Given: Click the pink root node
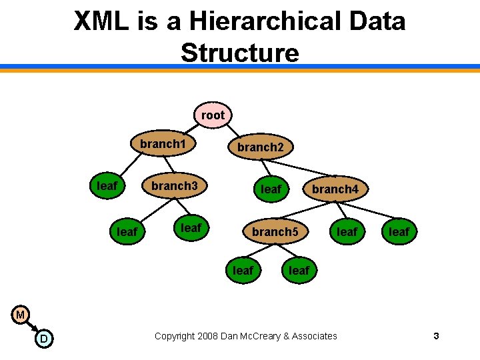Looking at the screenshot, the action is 213,115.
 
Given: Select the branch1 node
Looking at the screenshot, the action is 163,143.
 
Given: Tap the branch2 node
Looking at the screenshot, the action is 261,147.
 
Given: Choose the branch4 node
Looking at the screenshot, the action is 335,189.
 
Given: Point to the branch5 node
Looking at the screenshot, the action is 275,232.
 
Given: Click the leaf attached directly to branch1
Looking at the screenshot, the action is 107,186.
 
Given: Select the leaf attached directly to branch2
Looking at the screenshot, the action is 271,189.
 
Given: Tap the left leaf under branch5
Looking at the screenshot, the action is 243,270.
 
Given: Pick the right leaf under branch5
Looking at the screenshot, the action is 298,270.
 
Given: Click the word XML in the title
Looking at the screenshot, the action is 101,22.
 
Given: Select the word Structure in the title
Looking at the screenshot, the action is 240,52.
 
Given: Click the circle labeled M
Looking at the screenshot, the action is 21,314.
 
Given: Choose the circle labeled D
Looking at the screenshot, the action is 43,339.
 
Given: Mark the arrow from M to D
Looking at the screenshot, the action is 32,327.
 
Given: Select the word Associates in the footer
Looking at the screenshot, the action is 314,336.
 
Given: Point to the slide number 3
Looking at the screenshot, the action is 436,336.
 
